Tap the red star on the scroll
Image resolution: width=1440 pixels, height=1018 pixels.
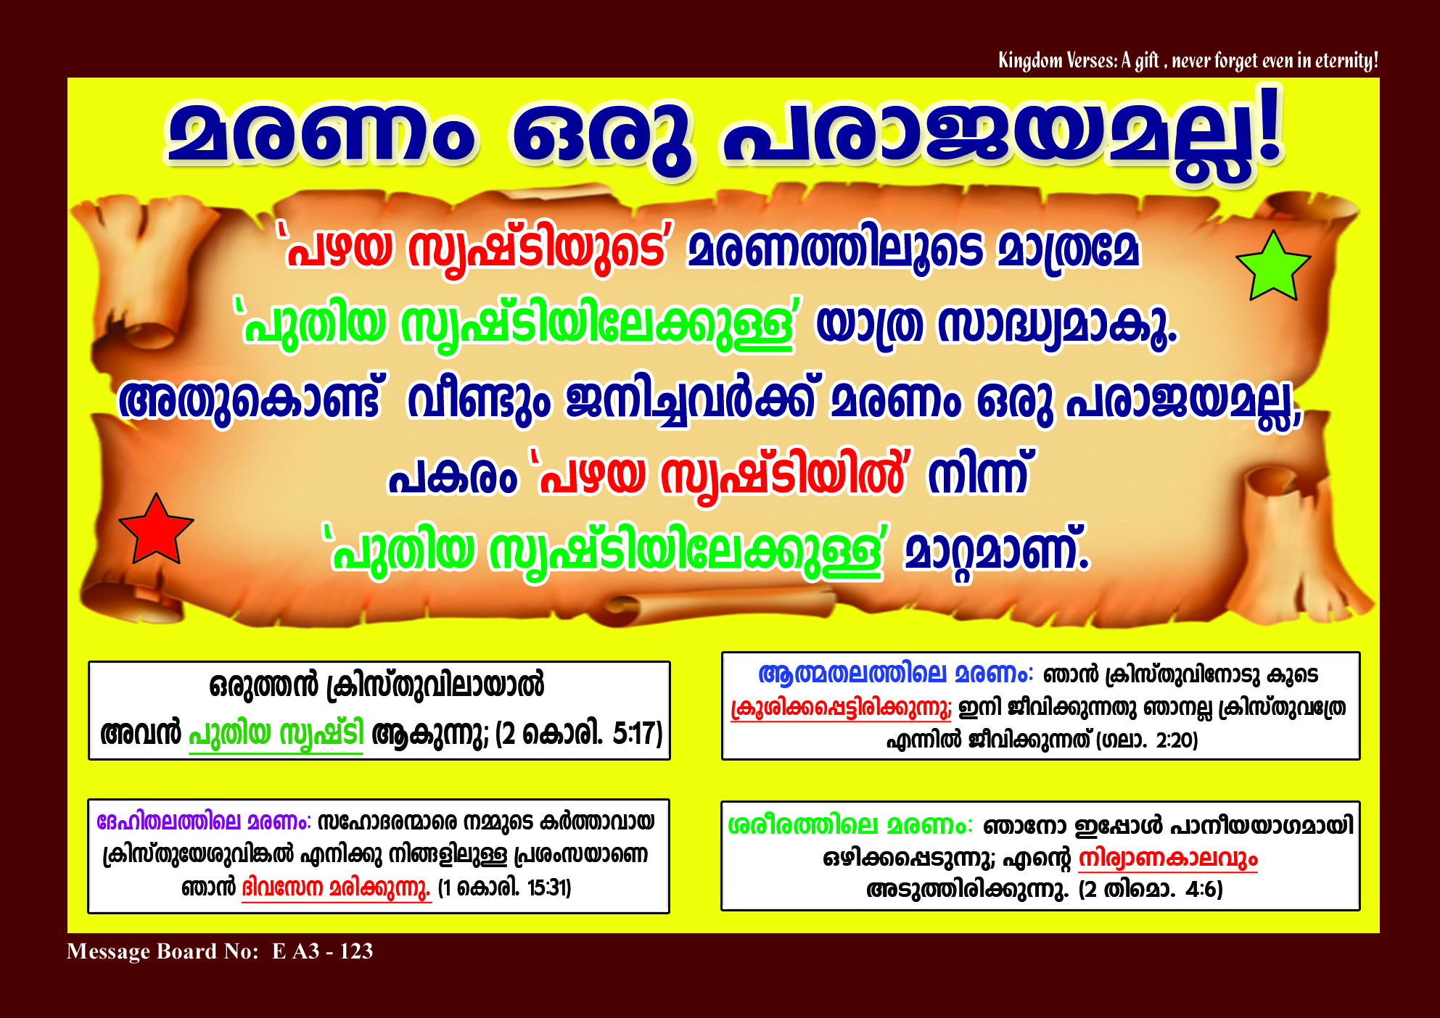click(156, 530)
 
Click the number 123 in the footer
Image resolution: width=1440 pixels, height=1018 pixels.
click(356, 951)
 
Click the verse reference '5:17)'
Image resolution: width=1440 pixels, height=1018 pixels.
click(638, 733)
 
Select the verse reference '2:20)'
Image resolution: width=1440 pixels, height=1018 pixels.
click(1177, 740)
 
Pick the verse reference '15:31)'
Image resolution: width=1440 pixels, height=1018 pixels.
click(549, 887)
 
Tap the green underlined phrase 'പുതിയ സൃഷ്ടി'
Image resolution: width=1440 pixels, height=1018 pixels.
click(276, 734)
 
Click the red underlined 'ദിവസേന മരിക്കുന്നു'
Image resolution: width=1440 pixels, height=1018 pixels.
click(336, 888)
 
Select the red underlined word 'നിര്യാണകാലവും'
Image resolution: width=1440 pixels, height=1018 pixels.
click(1168, 858)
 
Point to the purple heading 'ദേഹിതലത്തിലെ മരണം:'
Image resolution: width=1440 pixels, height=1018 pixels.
click(204, 822)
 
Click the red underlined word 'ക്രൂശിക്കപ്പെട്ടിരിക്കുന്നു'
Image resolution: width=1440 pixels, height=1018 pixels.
click(841, 708)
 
